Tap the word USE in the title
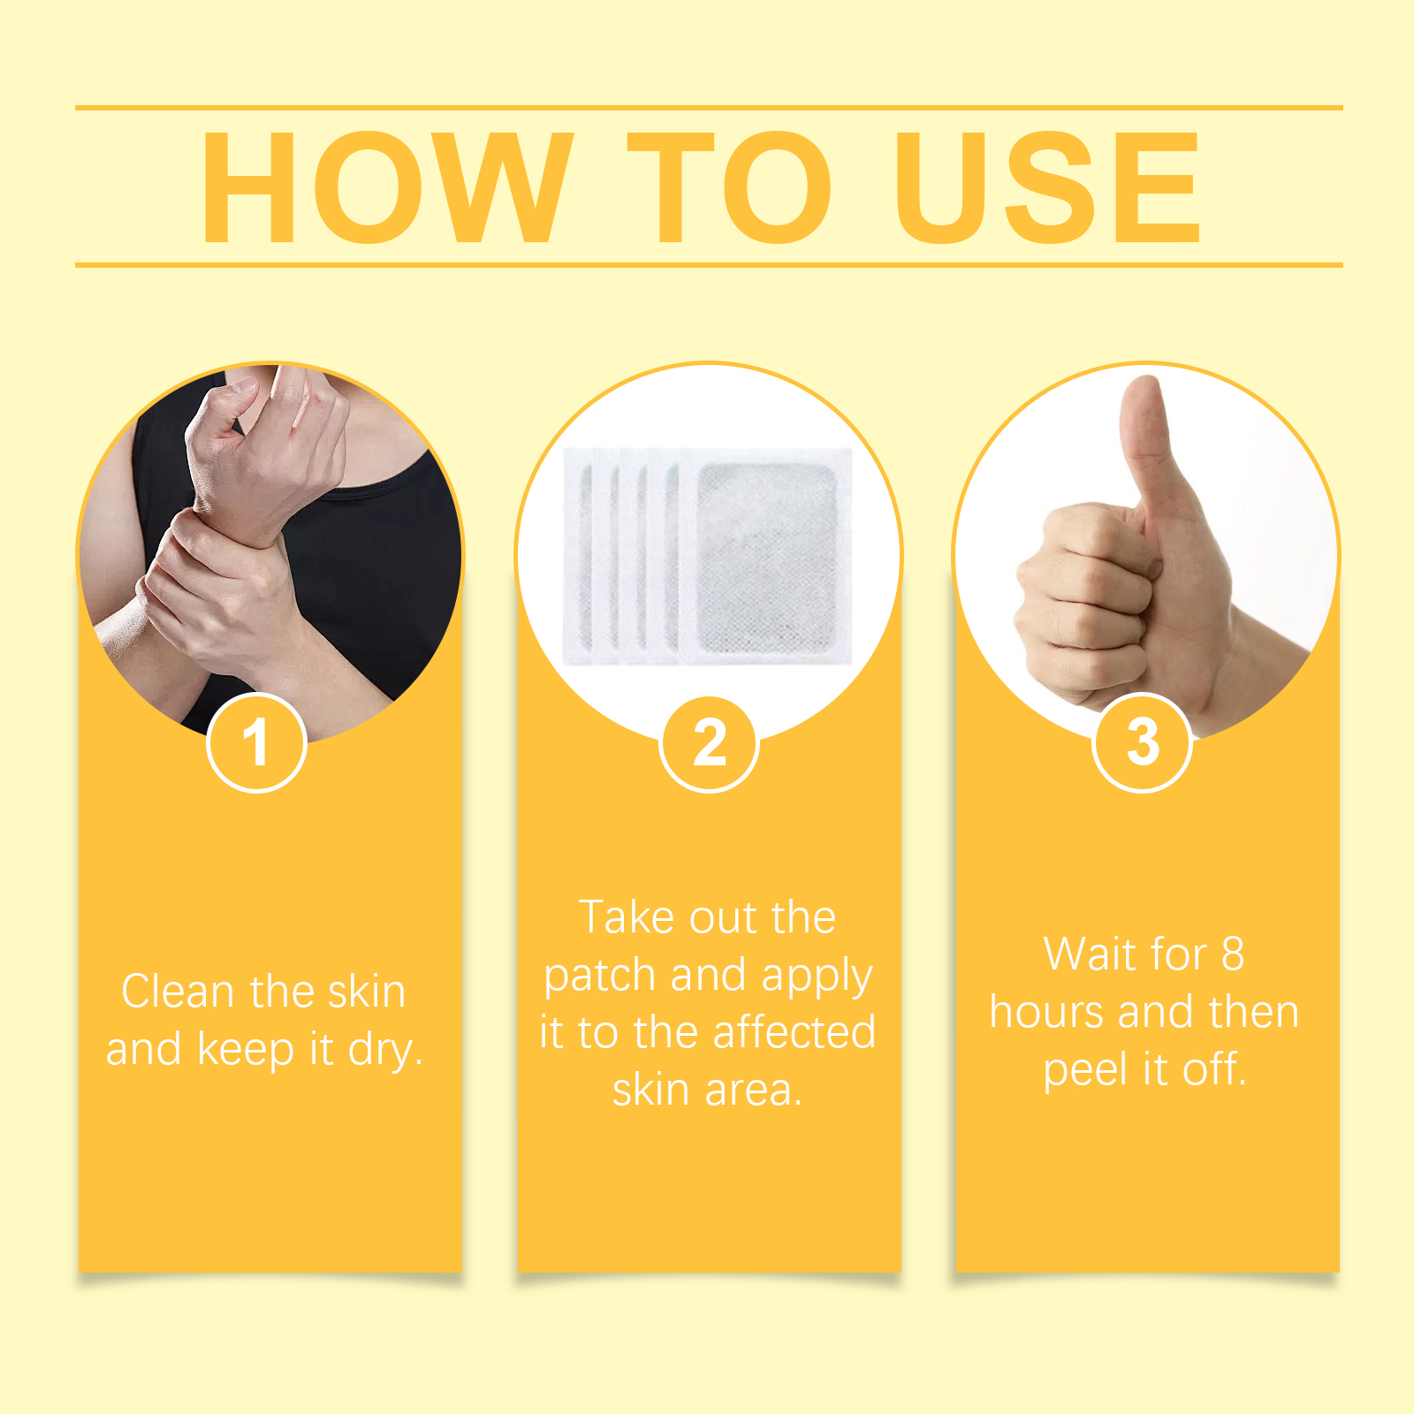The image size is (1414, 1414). pos(1048,186)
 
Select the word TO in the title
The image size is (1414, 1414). pos(730,186)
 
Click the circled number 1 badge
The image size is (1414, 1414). pos(256,742)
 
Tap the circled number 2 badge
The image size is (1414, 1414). pos(709,742)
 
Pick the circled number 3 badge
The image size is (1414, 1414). pos(1143,742)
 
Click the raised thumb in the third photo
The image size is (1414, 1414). pos(1149,451)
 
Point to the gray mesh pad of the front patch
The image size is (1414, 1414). pos(767,557)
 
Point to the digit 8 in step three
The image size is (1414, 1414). pos(1233,954)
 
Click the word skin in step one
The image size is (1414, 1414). pos(366,991)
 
